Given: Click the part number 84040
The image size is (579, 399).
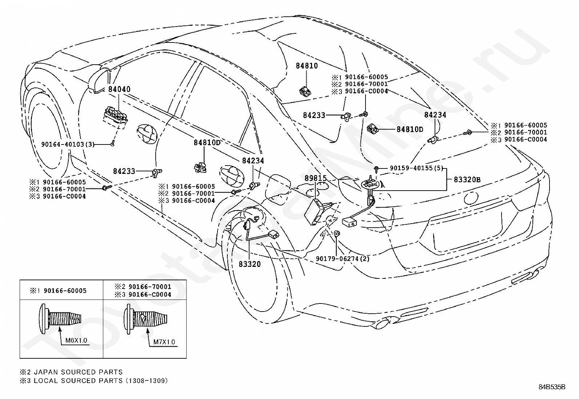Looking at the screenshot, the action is coord(119,89).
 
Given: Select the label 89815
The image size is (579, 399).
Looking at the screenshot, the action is coord(316,178).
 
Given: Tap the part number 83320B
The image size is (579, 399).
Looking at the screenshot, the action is coord(467,180).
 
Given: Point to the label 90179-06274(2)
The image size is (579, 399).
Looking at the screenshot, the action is coord(343,258).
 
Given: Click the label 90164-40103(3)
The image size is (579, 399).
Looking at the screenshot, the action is coord(68,144).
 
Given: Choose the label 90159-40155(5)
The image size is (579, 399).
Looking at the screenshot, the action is coord(417,168).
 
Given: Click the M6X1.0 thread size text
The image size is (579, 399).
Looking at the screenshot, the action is coord(76,341).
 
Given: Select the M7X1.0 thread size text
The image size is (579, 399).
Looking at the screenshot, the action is coord(164,342).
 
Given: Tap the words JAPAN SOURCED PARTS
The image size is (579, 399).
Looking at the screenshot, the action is coord(78,372).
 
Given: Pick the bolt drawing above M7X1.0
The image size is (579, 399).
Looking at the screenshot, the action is coord(146,319).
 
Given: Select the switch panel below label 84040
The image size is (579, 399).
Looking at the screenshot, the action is coord(116,117).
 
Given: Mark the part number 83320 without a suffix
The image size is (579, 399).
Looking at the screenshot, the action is coord(250,264).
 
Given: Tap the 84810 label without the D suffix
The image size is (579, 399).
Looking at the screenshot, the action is coord(307,66).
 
